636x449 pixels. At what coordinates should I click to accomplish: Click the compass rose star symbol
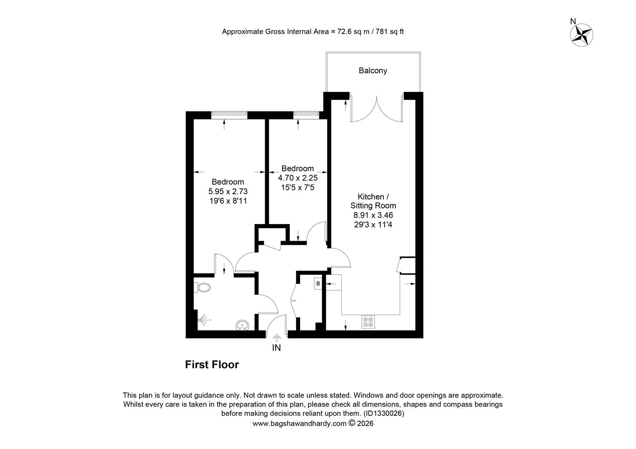pos(581,35)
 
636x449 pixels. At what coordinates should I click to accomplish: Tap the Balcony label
pos(373,70)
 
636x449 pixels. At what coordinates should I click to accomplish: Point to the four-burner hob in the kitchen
pos(368,322)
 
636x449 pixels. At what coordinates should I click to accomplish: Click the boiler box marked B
pos(318,284)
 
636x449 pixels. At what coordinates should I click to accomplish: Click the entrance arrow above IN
pos(276,338)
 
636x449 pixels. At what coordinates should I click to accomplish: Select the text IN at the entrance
pos(276,348)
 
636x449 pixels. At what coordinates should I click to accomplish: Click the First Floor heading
pos(212,365)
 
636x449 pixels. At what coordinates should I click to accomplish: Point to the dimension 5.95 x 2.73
pos(228,192)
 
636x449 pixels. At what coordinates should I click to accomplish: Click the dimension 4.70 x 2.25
pos(298,178)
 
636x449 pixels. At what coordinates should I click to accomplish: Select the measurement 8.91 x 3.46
pos(373,215)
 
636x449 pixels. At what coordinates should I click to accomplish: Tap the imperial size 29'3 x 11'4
pos(373,224)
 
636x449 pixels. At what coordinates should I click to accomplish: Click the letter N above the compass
pos(573,21)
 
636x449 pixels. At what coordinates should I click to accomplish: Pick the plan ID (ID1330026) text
pos(384,413)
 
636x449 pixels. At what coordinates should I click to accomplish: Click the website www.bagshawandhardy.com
pos(300,424)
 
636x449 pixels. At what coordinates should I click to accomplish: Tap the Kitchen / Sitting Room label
pos(373,201)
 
